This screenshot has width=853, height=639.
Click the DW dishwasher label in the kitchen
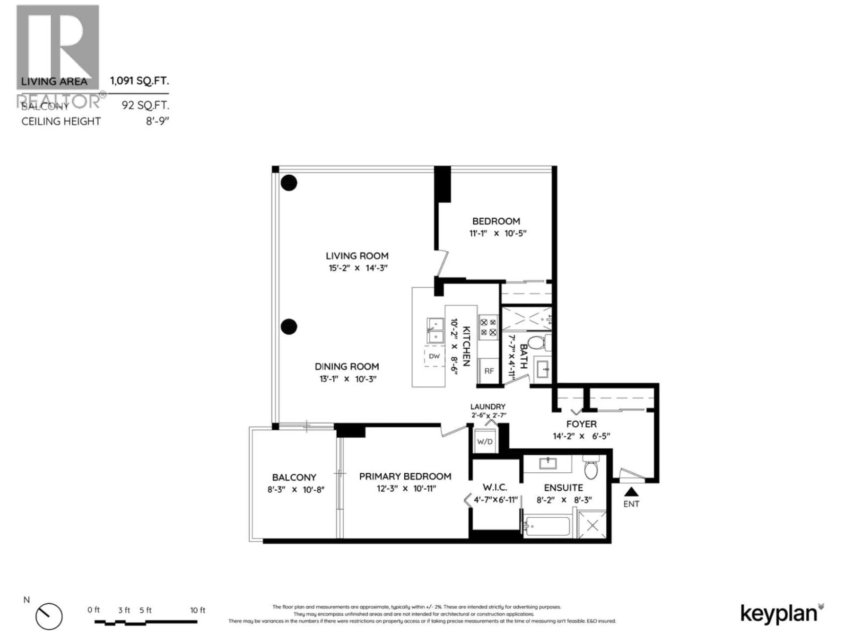pyautogui.click(x=434, y=356)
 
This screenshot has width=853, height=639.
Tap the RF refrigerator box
pyautogui.click(x=489, y=371)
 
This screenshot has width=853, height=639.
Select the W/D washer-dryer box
pyautogui.click(x=485, y=441)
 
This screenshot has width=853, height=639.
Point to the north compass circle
pyautogui.click(x=49, y=616)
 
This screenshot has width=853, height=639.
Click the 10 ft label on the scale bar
pyautogui.click(x=197, y=610)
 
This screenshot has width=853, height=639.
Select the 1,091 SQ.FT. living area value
pyautogui.click(x=139, y=81)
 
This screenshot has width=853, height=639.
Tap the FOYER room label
pyautogui.click(x=581, y=424)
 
